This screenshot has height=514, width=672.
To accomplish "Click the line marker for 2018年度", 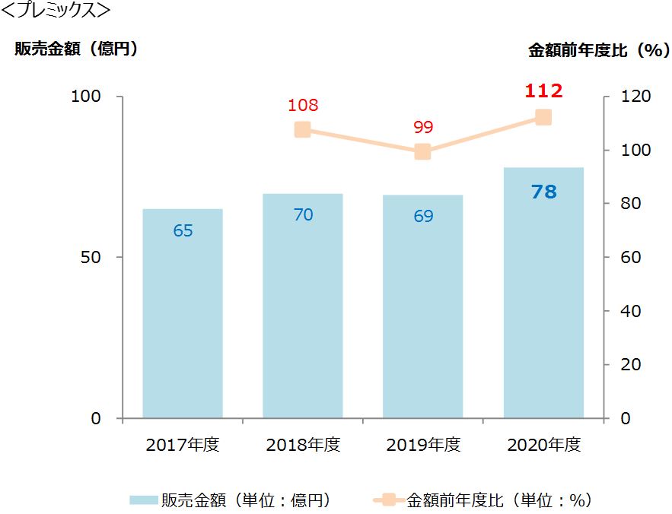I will click(303, 129).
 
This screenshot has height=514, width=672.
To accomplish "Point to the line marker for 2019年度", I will click(423, 152).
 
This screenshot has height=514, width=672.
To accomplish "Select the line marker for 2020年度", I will click(543, 117).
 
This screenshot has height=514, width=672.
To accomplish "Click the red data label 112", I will click(543, 91).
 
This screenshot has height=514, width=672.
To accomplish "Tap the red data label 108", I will click(303, 106).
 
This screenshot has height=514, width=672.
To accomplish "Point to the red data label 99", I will click(423, 127).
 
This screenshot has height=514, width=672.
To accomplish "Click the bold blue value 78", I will click(543, 192).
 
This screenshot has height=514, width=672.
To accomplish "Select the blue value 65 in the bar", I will click(183, 230).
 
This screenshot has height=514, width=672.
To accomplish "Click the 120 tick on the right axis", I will click(635, 97).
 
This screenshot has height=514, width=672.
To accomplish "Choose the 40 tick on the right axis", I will click(631, 311).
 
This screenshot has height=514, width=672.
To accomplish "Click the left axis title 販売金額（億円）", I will click(75, 49).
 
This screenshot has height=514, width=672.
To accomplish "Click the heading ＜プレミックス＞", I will click(56, 11).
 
